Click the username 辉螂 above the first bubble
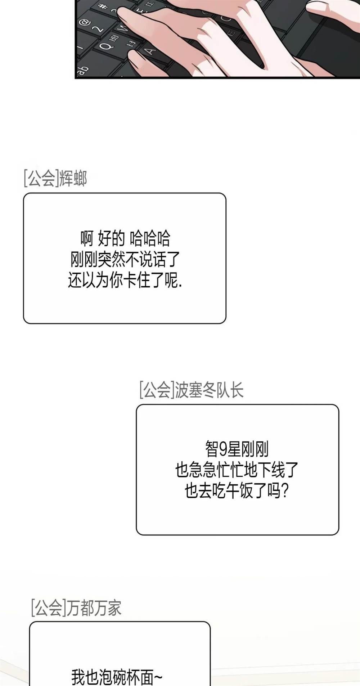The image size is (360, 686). point(73,178)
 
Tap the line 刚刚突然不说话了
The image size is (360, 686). point(125,259)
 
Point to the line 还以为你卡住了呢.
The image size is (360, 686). point(125,280)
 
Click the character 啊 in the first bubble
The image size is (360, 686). point(87,238)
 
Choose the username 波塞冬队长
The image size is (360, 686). point(209,390)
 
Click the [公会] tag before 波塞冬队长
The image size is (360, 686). point(157,390)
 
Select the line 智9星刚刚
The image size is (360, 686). point(237,449)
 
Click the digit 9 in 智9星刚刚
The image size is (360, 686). point(223,450)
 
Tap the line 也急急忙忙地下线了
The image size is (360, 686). point(237,470)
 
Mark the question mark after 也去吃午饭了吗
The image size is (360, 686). point(284,491)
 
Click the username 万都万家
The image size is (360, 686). point(94,607)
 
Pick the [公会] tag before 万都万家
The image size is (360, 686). point(49,607)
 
